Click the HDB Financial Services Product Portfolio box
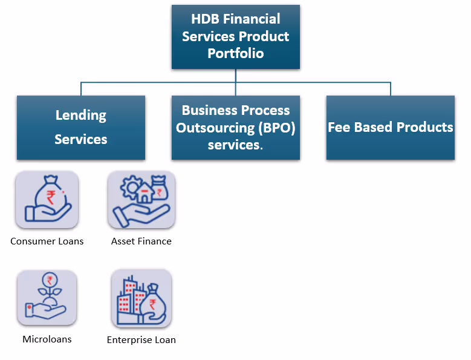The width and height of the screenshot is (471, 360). click(x=235, y=36)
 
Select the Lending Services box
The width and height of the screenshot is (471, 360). click(x=81, y=127)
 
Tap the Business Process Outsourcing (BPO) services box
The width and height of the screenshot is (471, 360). click(x=235, y=127)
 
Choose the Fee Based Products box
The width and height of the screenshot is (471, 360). click(x=390, y=127)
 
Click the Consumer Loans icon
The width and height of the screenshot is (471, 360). click(x=47, y=200)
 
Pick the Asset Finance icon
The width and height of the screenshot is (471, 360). click(x=141, y=200)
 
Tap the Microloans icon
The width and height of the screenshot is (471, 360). click(x=47, y=298)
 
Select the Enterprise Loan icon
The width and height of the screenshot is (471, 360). click(x=141, y=298)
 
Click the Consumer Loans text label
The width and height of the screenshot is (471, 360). click(x=47, y=241)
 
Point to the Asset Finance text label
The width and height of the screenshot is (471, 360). click(x=141, y=241)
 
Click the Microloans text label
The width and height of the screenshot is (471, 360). click(x=47, y=339)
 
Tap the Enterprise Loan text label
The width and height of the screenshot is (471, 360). click(x=141, y=340)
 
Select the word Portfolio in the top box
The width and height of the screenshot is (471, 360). click(x=236, y=53)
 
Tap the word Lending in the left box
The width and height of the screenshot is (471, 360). click(x=81, y=115)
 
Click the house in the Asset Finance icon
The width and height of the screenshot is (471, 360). click(x=145, y=194)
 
